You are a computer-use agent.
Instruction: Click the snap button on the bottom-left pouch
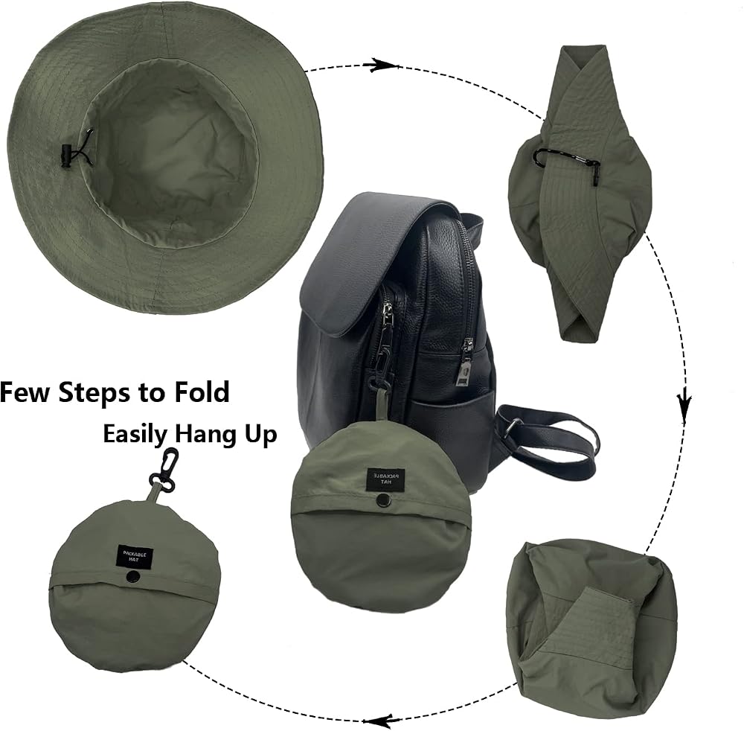click(x=132, y=577)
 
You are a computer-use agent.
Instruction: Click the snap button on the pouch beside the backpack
click(x=380, y=500)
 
